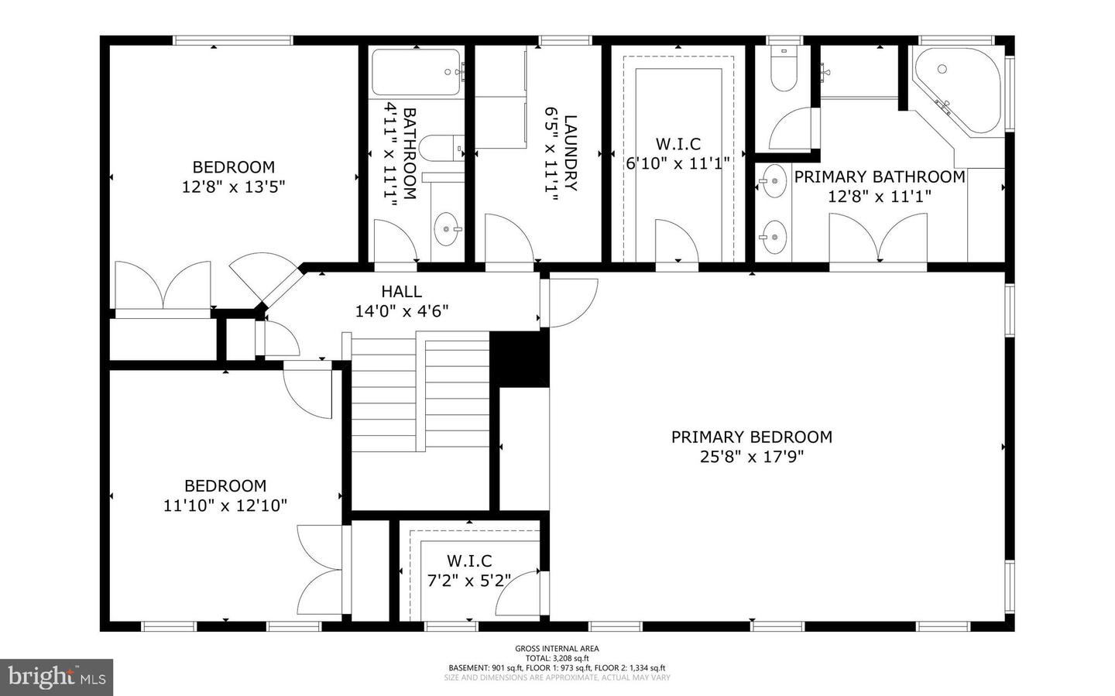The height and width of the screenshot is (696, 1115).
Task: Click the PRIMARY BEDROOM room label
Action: [x=751, y=437]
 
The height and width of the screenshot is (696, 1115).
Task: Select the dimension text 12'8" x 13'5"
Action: [x=234, y=187]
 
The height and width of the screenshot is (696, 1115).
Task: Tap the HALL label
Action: [x=401, y=292]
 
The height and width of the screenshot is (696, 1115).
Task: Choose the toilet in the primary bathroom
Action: [x=783, y=72]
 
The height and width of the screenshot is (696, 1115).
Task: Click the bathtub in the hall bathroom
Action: [x=417, y=73]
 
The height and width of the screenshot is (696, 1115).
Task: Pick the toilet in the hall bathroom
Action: [x=440, y=146]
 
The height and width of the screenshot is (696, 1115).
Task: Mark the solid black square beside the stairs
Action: [x=520, y=358]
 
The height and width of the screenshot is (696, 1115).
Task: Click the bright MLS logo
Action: [x=57, y=677]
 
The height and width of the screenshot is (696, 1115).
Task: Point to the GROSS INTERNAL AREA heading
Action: [x=557, y=649]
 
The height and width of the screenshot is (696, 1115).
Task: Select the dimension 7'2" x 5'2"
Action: [x=468, y=580]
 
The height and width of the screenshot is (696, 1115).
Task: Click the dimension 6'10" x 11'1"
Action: [x=678, y=163]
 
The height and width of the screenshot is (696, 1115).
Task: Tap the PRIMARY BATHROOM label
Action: [x=879, y=177]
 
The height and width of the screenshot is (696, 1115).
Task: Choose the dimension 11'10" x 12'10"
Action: [x=225, y=506]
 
